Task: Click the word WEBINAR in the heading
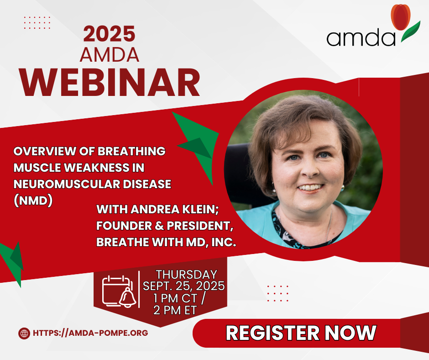tap(110, 82)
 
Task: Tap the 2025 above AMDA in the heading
tap(110, 34)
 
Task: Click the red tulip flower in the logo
tap(401, 17)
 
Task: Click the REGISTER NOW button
tap(301, 333)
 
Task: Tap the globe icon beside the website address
tap(24, 334)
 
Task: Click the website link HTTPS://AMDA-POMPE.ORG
tap(90, 333)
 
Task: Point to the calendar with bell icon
tap(119, 291)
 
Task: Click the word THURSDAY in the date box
tap(187, 275)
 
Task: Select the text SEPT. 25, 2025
tap(184, 286)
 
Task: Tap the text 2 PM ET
tap(175, 310)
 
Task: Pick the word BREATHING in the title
tap(131, 151)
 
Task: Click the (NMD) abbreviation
tap(33, 201)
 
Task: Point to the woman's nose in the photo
tap(310, 170)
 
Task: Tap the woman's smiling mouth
tap(310, 188)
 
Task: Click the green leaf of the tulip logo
tap(410, 32)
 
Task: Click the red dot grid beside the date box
tap(277, 293)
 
